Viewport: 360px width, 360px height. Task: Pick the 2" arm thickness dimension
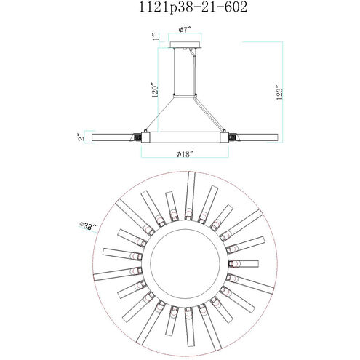tap(84, 136)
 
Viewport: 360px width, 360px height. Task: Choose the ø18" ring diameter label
tap(186, 154)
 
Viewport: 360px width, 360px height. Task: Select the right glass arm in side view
tap(258, 137)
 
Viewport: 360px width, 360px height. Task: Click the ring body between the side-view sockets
tap(186, 137)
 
